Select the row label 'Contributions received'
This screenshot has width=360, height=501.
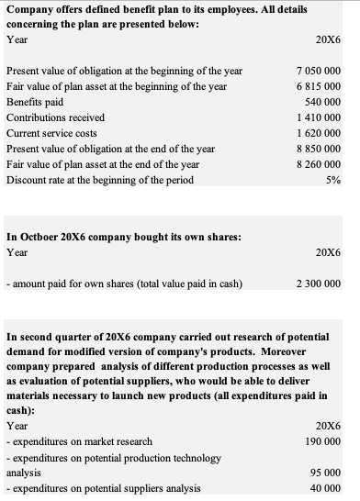tap(55, 117)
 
